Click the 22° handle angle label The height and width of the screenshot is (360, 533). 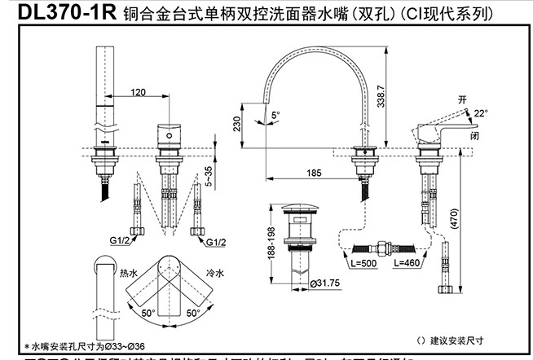pyautogui.click(x=504, y=113)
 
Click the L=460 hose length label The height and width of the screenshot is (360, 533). pyautogui.click(x=405, y=263)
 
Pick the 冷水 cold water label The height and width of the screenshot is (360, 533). pyautogui.click(x=214, y=274)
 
